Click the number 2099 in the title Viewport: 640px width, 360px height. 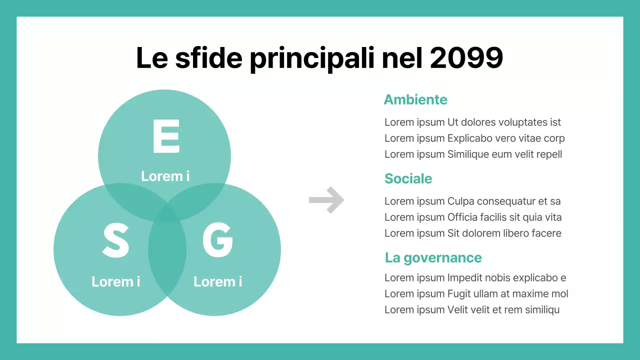(466, 59)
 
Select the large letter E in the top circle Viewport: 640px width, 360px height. (165, 136)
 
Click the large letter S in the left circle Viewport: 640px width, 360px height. (115, 240)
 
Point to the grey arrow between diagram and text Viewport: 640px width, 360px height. (326, 200)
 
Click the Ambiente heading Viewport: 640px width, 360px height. (415, 99)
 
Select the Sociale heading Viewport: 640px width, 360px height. (408, 178)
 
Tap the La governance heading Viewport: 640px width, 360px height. (433, 257)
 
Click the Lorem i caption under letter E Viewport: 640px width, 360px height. (165, 176)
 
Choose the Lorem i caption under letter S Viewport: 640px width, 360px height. (115, 281)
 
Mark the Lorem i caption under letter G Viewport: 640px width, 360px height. (217, 281)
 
